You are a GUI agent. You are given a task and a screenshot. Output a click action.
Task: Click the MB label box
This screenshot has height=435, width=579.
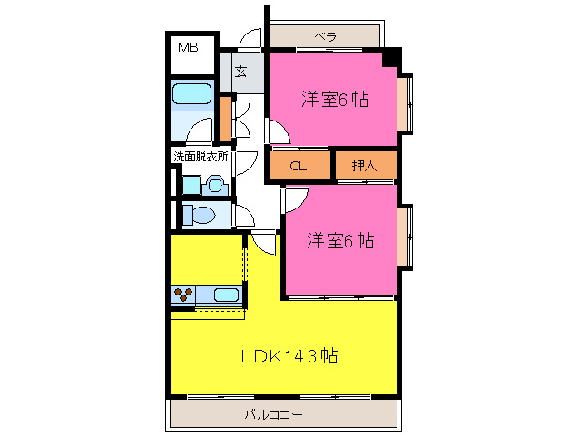[x=189, y=49]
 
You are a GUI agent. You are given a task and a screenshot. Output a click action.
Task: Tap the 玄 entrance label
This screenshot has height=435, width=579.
[x=241, y=71]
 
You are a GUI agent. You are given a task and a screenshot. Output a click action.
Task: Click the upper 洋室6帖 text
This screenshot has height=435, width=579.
[x=335, y=100]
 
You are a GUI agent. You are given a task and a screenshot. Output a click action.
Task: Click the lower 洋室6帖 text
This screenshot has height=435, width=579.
[x=339, y=241]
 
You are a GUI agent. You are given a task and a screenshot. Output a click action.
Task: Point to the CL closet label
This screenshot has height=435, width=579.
[x=297, y=167]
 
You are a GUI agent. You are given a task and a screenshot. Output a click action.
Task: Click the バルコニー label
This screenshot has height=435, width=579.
[x=273, y=415]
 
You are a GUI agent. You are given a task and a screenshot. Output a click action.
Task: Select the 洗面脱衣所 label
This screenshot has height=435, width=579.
[x=201, y=156]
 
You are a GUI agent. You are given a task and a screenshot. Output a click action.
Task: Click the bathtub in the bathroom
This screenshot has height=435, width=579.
[x=191, y=93]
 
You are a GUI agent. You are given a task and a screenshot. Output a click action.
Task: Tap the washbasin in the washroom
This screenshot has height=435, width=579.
[x=214, y=185]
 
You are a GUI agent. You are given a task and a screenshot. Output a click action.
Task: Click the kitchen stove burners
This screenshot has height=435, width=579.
[x=183, y=294]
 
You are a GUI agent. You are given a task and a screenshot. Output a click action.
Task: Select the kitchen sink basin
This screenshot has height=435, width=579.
[x=226, y=294]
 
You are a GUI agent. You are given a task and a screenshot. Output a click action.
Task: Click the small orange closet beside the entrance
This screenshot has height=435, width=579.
[x=223, y=113]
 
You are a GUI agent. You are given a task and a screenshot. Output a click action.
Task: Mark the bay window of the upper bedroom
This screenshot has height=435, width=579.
[x=406, y=101]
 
